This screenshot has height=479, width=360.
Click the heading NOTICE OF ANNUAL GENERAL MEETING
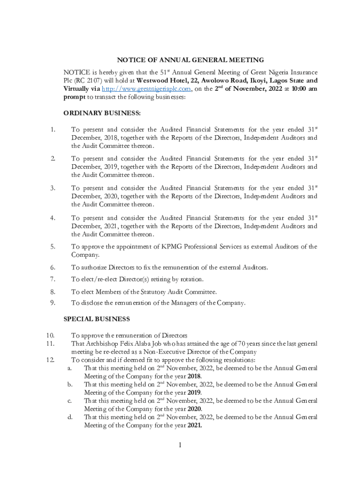190,60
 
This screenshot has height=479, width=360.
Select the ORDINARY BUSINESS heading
102,113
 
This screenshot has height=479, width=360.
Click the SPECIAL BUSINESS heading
97,319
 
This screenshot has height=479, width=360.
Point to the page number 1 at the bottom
180,444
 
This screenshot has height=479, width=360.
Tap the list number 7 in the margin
53,279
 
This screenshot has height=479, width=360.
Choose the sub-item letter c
69,401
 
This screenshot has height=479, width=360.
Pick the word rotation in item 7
191,279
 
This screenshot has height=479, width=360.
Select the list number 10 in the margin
51,335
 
